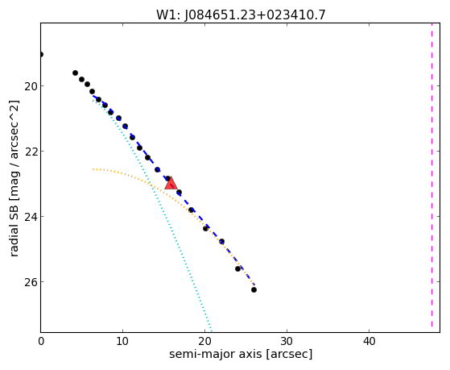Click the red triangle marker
click(x=171, y=184)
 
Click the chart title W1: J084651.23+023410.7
click(x=241, y=15)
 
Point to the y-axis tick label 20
click(x=30, y=86)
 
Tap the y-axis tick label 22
click(x=30, y=152)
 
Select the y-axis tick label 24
click(x=30, y=217)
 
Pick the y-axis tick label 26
click(x=30, y=282)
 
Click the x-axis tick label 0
click(x=41, y=341)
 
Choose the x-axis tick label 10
click(x=122, y=341)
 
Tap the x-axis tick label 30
click(x=287, y=341)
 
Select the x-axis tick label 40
click(x=369, y=341)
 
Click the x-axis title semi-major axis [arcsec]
click(x=241, y=354)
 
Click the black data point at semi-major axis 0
click(x=41, y=54)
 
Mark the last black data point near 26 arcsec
click(x=254, y=289)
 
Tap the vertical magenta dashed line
click(x=431, y=175)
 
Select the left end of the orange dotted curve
click(x=93, y=169)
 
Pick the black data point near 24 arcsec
click(x=237, y=268)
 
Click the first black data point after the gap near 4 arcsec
click(x=75, y=73)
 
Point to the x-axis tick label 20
click(x=204, y=341)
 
